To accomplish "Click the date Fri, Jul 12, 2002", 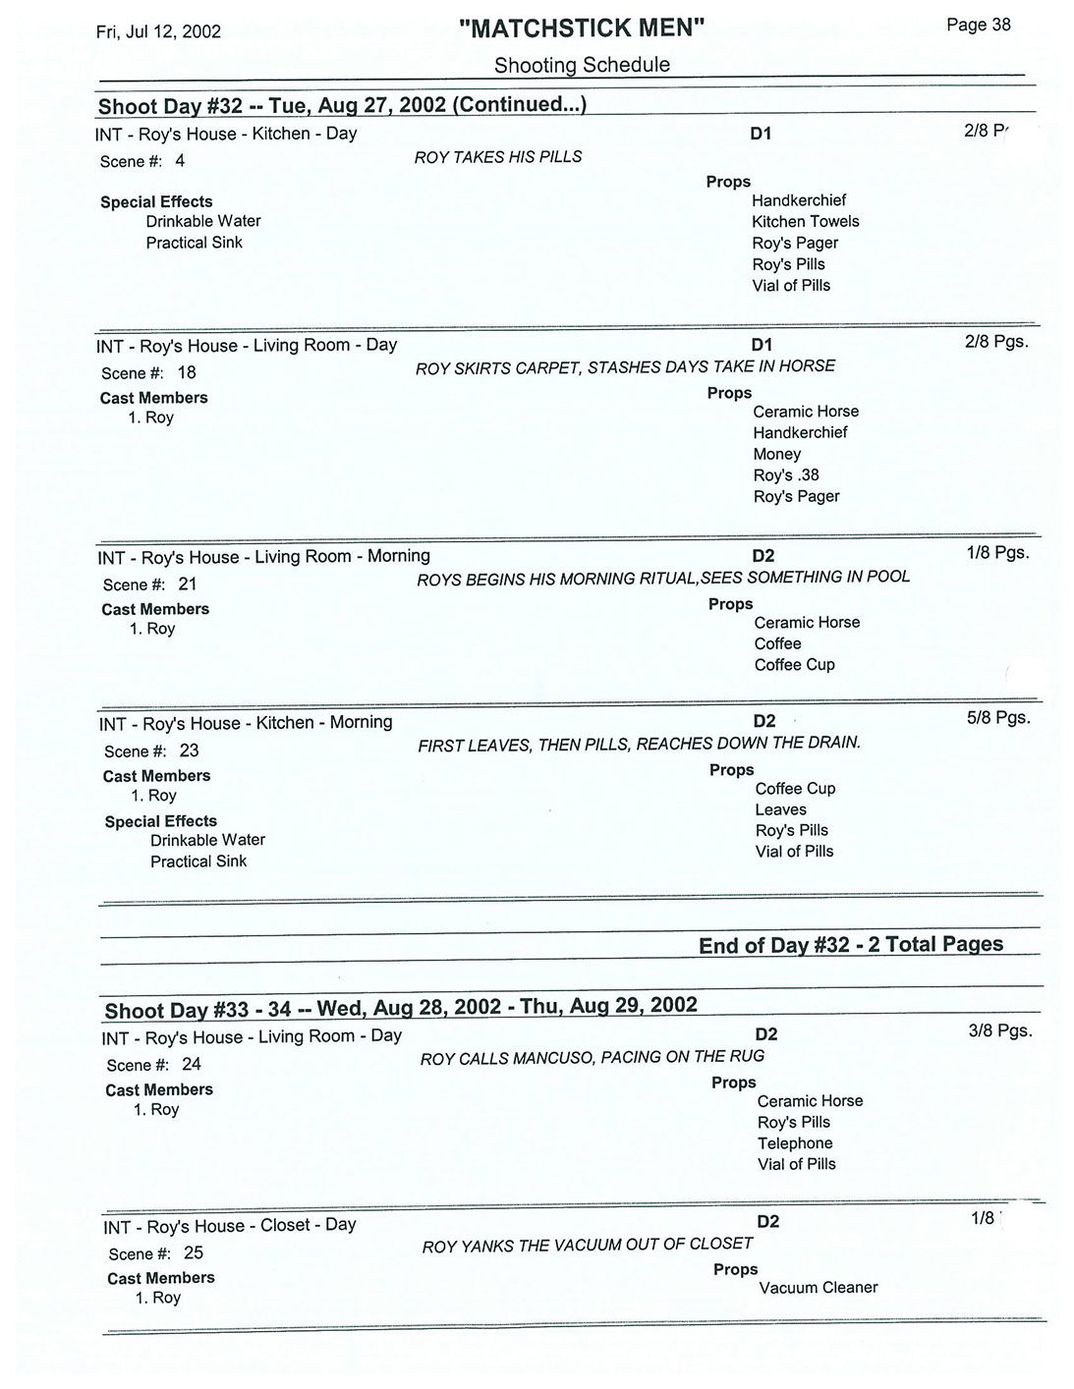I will point(158,31).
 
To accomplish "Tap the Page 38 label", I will point(978,25).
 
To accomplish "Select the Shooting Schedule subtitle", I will point(582,65).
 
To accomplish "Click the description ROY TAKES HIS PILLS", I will point(498,157).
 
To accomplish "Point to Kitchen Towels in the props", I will point(805,222).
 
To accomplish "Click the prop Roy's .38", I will point(786,475).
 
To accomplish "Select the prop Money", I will point(777,454).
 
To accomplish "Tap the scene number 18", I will point(187,373).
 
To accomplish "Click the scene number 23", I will point(189,750).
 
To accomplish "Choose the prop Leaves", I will point(780,809).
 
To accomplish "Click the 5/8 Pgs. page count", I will point(998,718).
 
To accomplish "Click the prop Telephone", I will point(795,1143).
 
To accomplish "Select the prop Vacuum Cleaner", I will point(819,1288).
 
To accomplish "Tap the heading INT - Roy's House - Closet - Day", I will point(230,1226).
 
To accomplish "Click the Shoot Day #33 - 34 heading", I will point(401,1007).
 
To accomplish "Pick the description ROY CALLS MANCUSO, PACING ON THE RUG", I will point(593,1058).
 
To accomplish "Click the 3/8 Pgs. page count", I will point(999,1031).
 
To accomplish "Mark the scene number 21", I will point(188,584).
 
